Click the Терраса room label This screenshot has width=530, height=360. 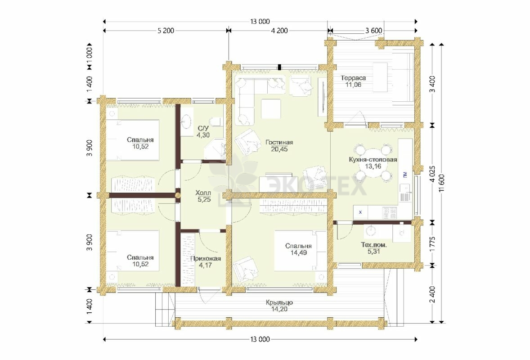click(353, 78)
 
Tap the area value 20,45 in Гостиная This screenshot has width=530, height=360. click(279, 149)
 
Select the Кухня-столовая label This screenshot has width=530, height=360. click(373, 160)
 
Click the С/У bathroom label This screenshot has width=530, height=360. click(203, 128)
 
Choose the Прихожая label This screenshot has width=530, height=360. click(205, 259)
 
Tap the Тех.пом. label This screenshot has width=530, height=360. click(373, 245)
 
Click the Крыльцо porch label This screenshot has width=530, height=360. click(279, 302)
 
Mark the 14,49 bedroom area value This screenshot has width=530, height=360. click(298, 252)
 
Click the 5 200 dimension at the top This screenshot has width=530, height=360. click(166, 31)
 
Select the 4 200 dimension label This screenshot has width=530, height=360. click(279, 31)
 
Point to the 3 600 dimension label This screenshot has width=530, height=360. click(373, 31)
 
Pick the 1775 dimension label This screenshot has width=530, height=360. click(432, 243)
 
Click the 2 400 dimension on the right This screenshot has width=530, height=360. click(432, 295)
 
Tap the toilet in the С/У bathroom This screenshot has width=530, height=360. click(216, 122)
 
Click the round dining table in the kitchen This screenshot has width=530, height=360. click(373, 162)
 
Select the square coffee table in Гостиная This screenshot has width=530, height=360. click(271, 108)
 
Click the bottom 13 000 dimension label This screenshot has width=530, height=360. click(260, 339)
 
